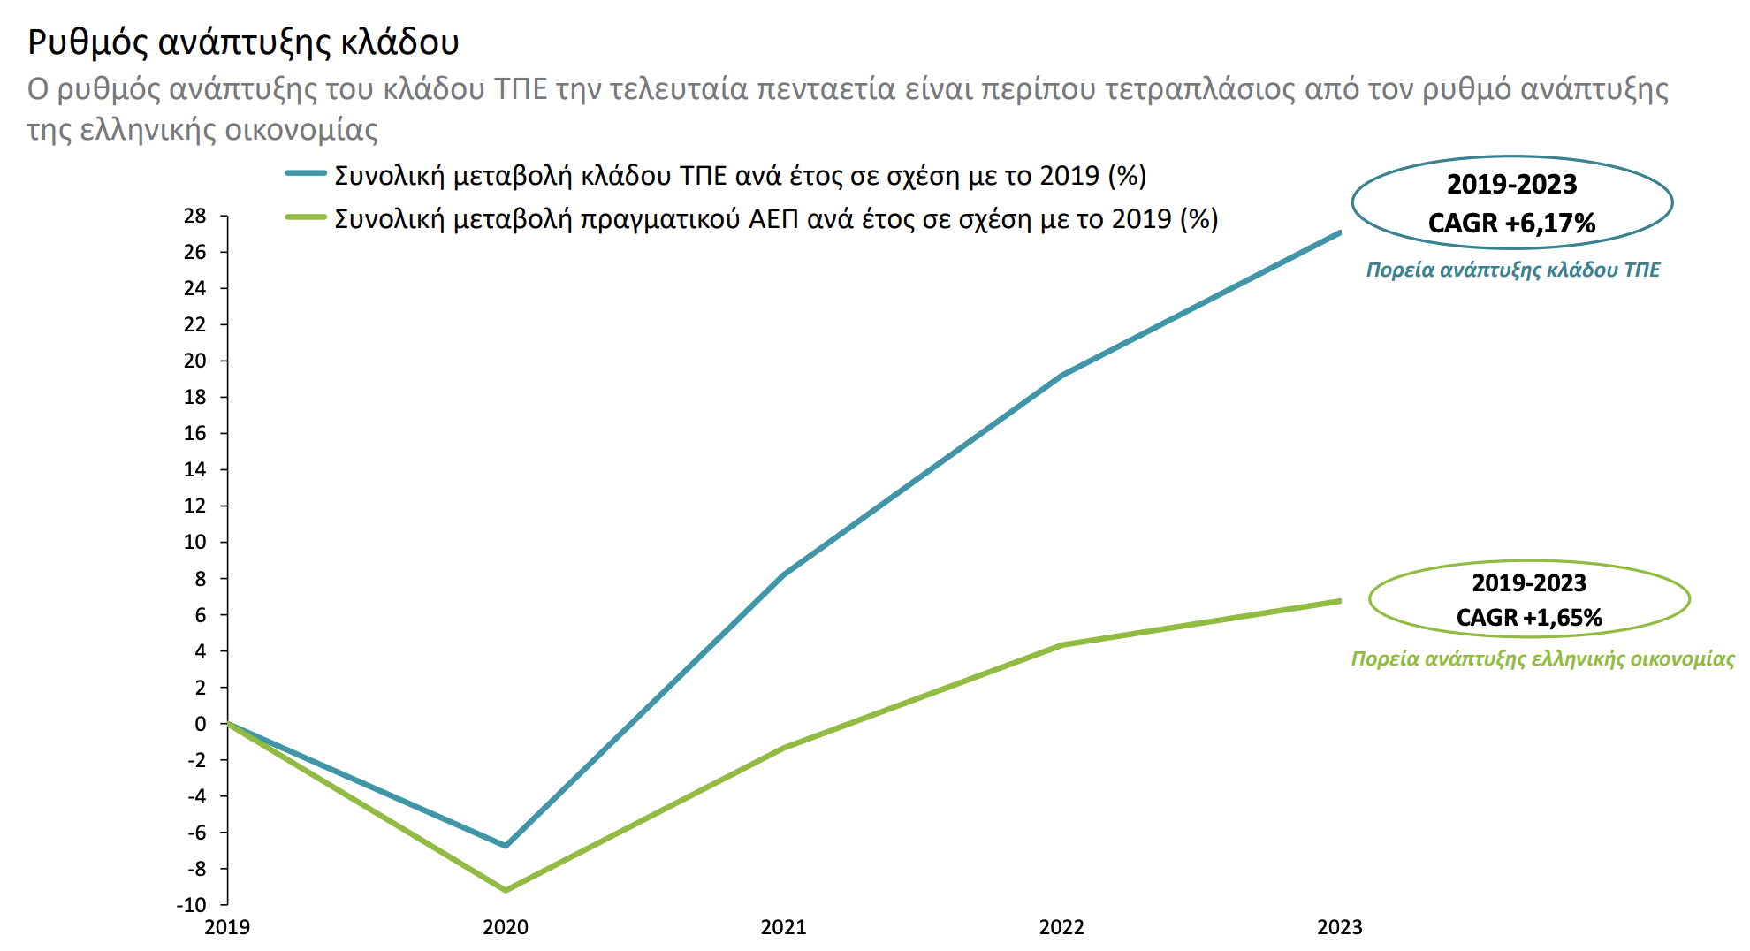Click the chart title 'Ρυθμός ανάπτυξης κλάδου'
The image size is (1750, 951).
point(243,42)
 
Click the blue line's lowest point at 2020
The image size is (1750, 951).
point(506,846)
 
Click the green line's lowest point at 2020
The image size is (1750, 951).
point(506,890)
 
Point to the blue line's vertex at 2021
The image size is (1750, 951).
point(784,574)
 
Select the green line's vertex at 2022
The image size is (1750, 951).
point(1061,644)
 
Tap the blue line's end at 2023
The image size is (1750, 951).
point(1339,232)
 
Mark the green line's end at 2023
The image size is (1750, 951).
point(1339,601)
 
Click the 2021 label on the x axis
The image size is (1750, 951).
point(783,927)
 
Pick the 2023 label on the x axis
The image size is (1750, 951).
point(1339,927)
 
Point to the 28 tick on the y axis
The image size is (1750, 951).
point(195,216)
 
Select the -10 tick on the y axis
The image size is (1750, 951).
point(192,904)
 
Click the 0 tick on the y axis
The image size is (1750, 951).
point(201,724)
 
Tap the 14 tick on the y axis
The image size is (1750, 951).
point(195,469)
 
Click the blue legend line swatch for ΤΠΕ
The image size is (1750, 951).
point(306,174)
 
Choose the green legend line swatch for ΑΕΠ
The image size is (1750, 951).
point(306,217)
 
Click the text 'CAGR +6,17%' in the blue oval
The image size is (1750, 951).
point(1511,224)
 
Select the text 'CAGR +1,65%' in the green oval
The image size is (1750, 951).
point(1529,618)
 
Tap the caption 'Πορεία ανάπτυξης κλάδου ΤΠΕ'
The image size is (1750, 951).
point(1512,270)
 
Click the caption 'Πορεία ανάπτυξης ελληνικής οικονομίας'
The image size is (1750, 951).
point(1542,658)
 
